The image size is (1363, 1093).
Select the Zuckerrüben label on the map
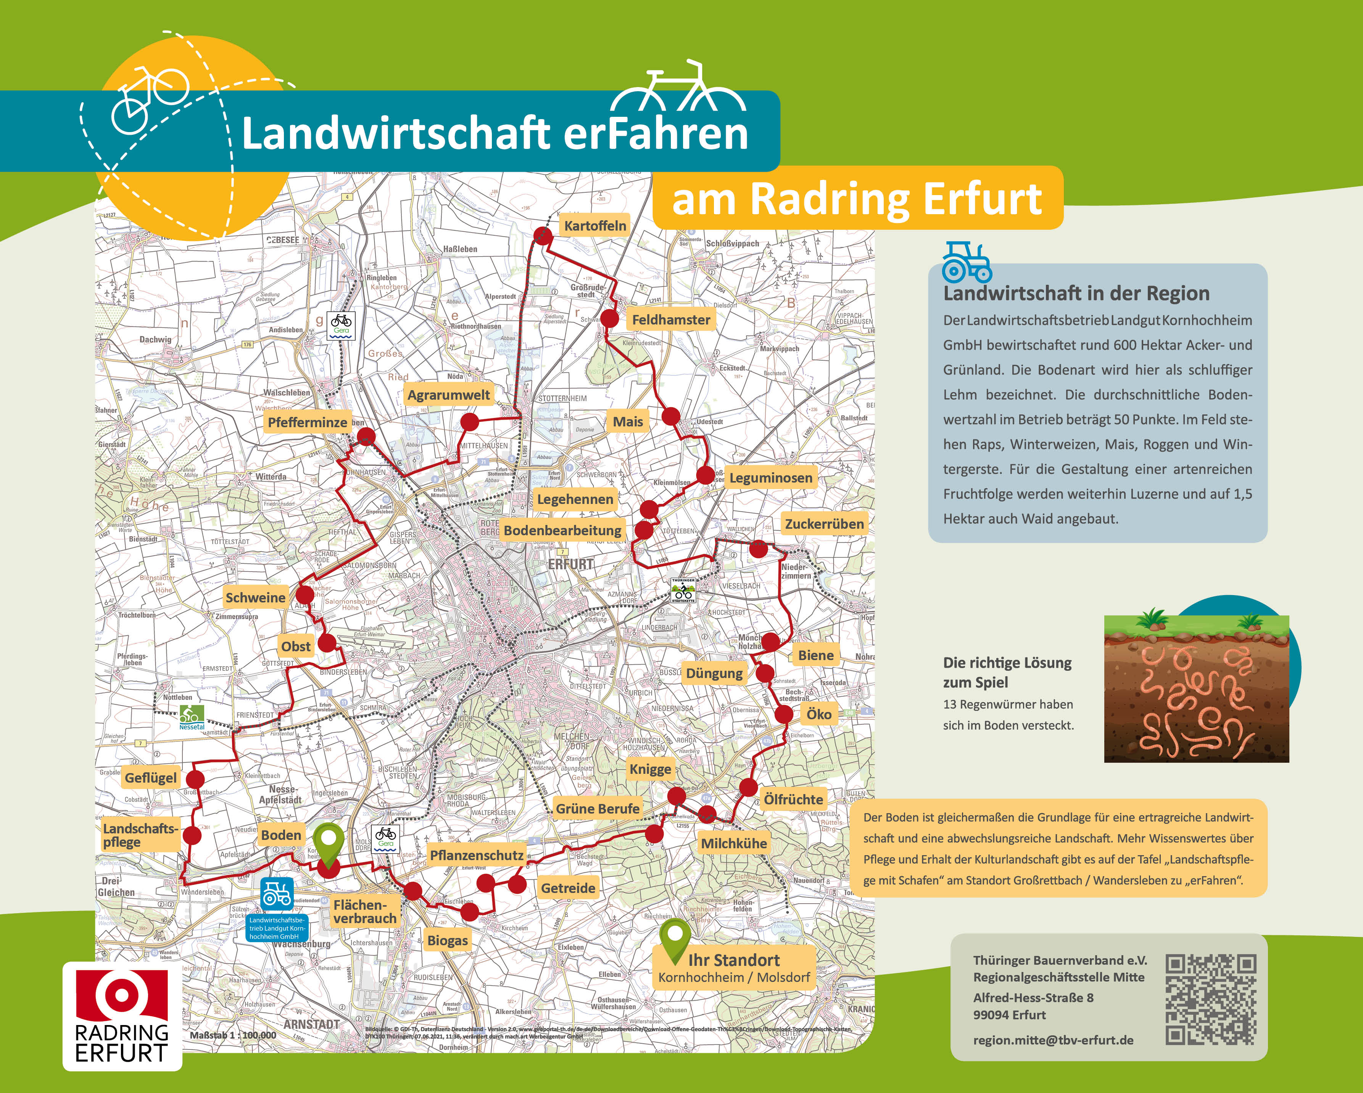824,524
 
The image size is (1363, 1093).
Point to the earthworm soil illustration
1196,689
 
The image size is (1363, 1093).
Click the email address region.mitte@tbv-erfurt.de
1053,1040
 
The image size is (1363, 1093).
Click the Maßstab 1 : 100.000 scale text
233,1035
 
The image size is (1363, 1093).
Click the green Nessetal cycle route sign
192,717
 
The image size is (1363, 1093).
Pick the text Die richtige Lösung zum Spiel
1007,672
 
